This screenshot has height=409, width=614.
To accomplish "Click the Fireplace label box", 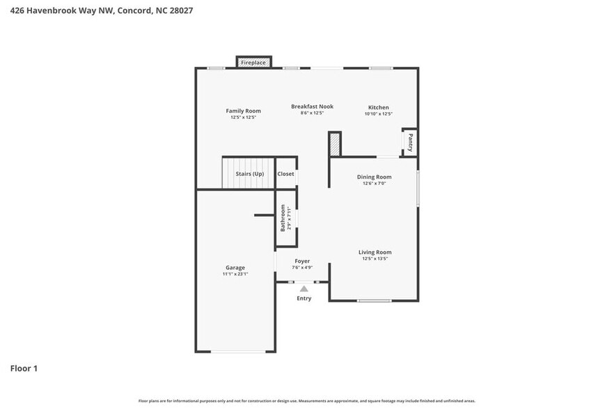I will click(253, 63).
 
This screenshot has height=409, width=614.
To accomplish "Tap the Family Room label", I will click(243, 111).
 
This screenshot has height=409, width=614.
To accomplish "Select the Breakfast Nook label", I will click(312, 106).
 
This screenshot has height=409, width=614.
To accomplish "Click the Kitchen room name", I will click(379, 107).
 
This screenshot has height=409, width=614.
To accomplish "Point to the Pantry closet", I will click(410, 142).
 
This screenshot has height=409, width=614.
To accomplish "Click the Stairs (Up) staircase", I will click(249, 173).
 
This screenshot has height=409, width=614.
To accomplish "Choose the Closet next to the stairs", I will click(285, 174).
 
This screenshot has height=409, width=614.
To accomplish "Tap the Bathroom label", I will click(283, 218).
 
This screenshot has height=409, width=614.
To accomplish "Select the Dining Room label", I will click(375, 177).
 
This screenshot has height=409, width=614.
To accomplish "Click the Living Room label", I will click(375, 252).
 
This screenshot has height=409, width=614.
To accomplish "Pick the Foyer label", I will click(302, 261).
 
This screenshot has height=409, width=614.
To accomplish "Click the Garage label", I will click(235, 267).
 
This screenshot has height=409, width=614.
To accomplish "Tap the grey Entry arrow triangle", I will click(304, 288).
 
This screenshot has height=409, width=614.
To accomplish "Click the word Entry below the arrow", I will click(304, 298).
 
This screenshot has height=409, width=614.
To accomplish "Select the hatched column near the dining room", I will click(335, 144).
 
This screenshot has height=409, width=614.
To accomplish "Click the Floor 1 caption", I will click(24, 368).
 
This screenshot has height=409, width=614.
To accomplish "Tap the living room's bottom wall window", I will click(374, 300).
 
